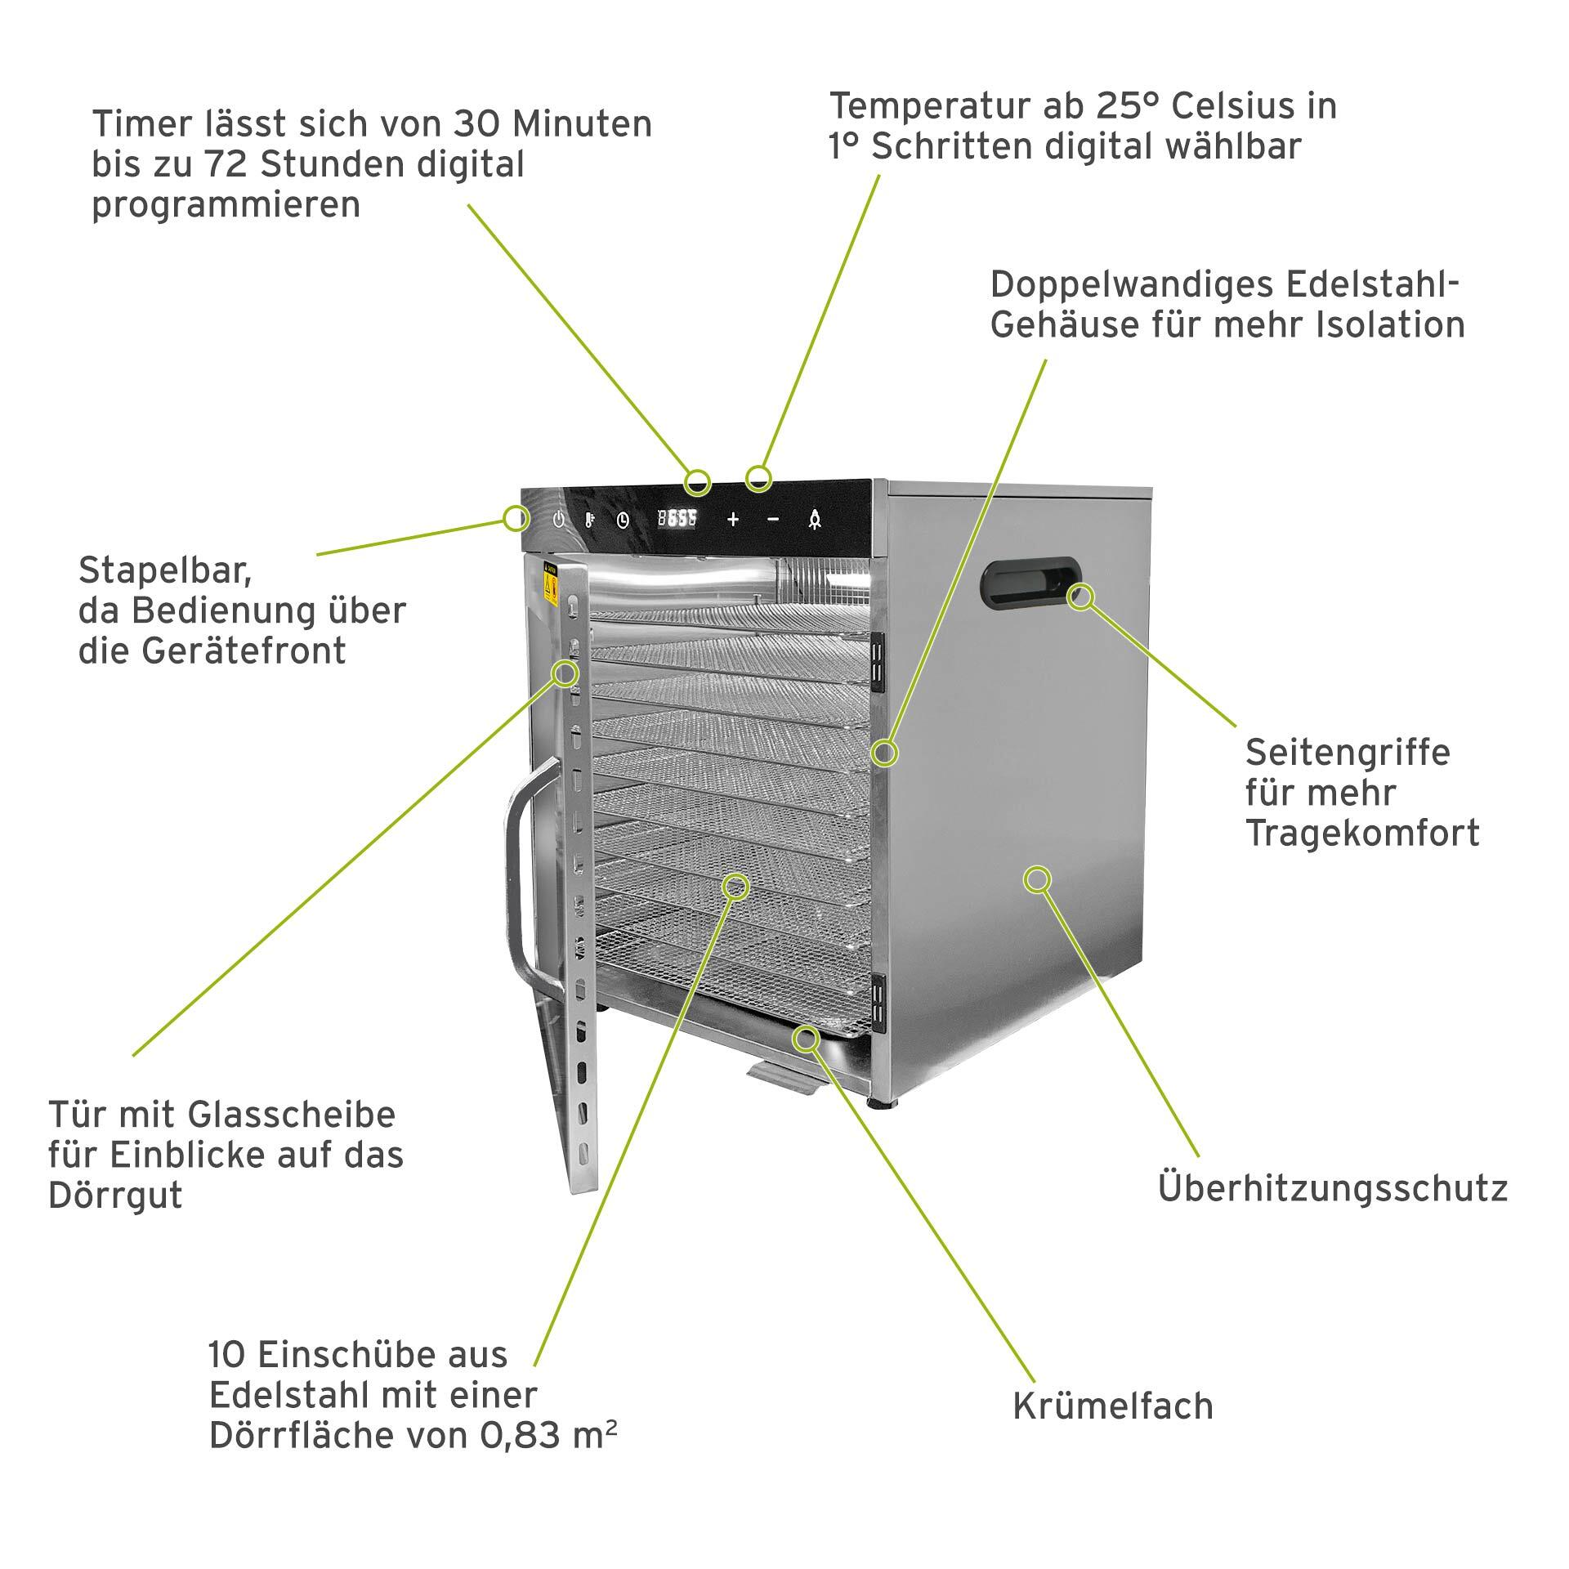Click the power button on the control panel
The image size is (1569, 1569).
[x=559, y=520]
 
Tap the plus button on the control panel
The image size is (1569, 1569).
[x=733, y=519]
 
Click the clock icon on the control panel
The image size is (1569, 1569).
[x=624, y=520]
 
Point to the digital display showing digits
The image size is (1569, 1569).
[x=677, y=518]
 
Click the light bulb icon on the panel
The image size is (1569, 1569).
[x=815, y=520]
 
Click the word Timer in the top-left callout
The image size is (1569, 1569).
[x=134, y=124]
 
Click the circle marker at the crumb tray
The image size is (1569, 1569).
[x=807, y=1039]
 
